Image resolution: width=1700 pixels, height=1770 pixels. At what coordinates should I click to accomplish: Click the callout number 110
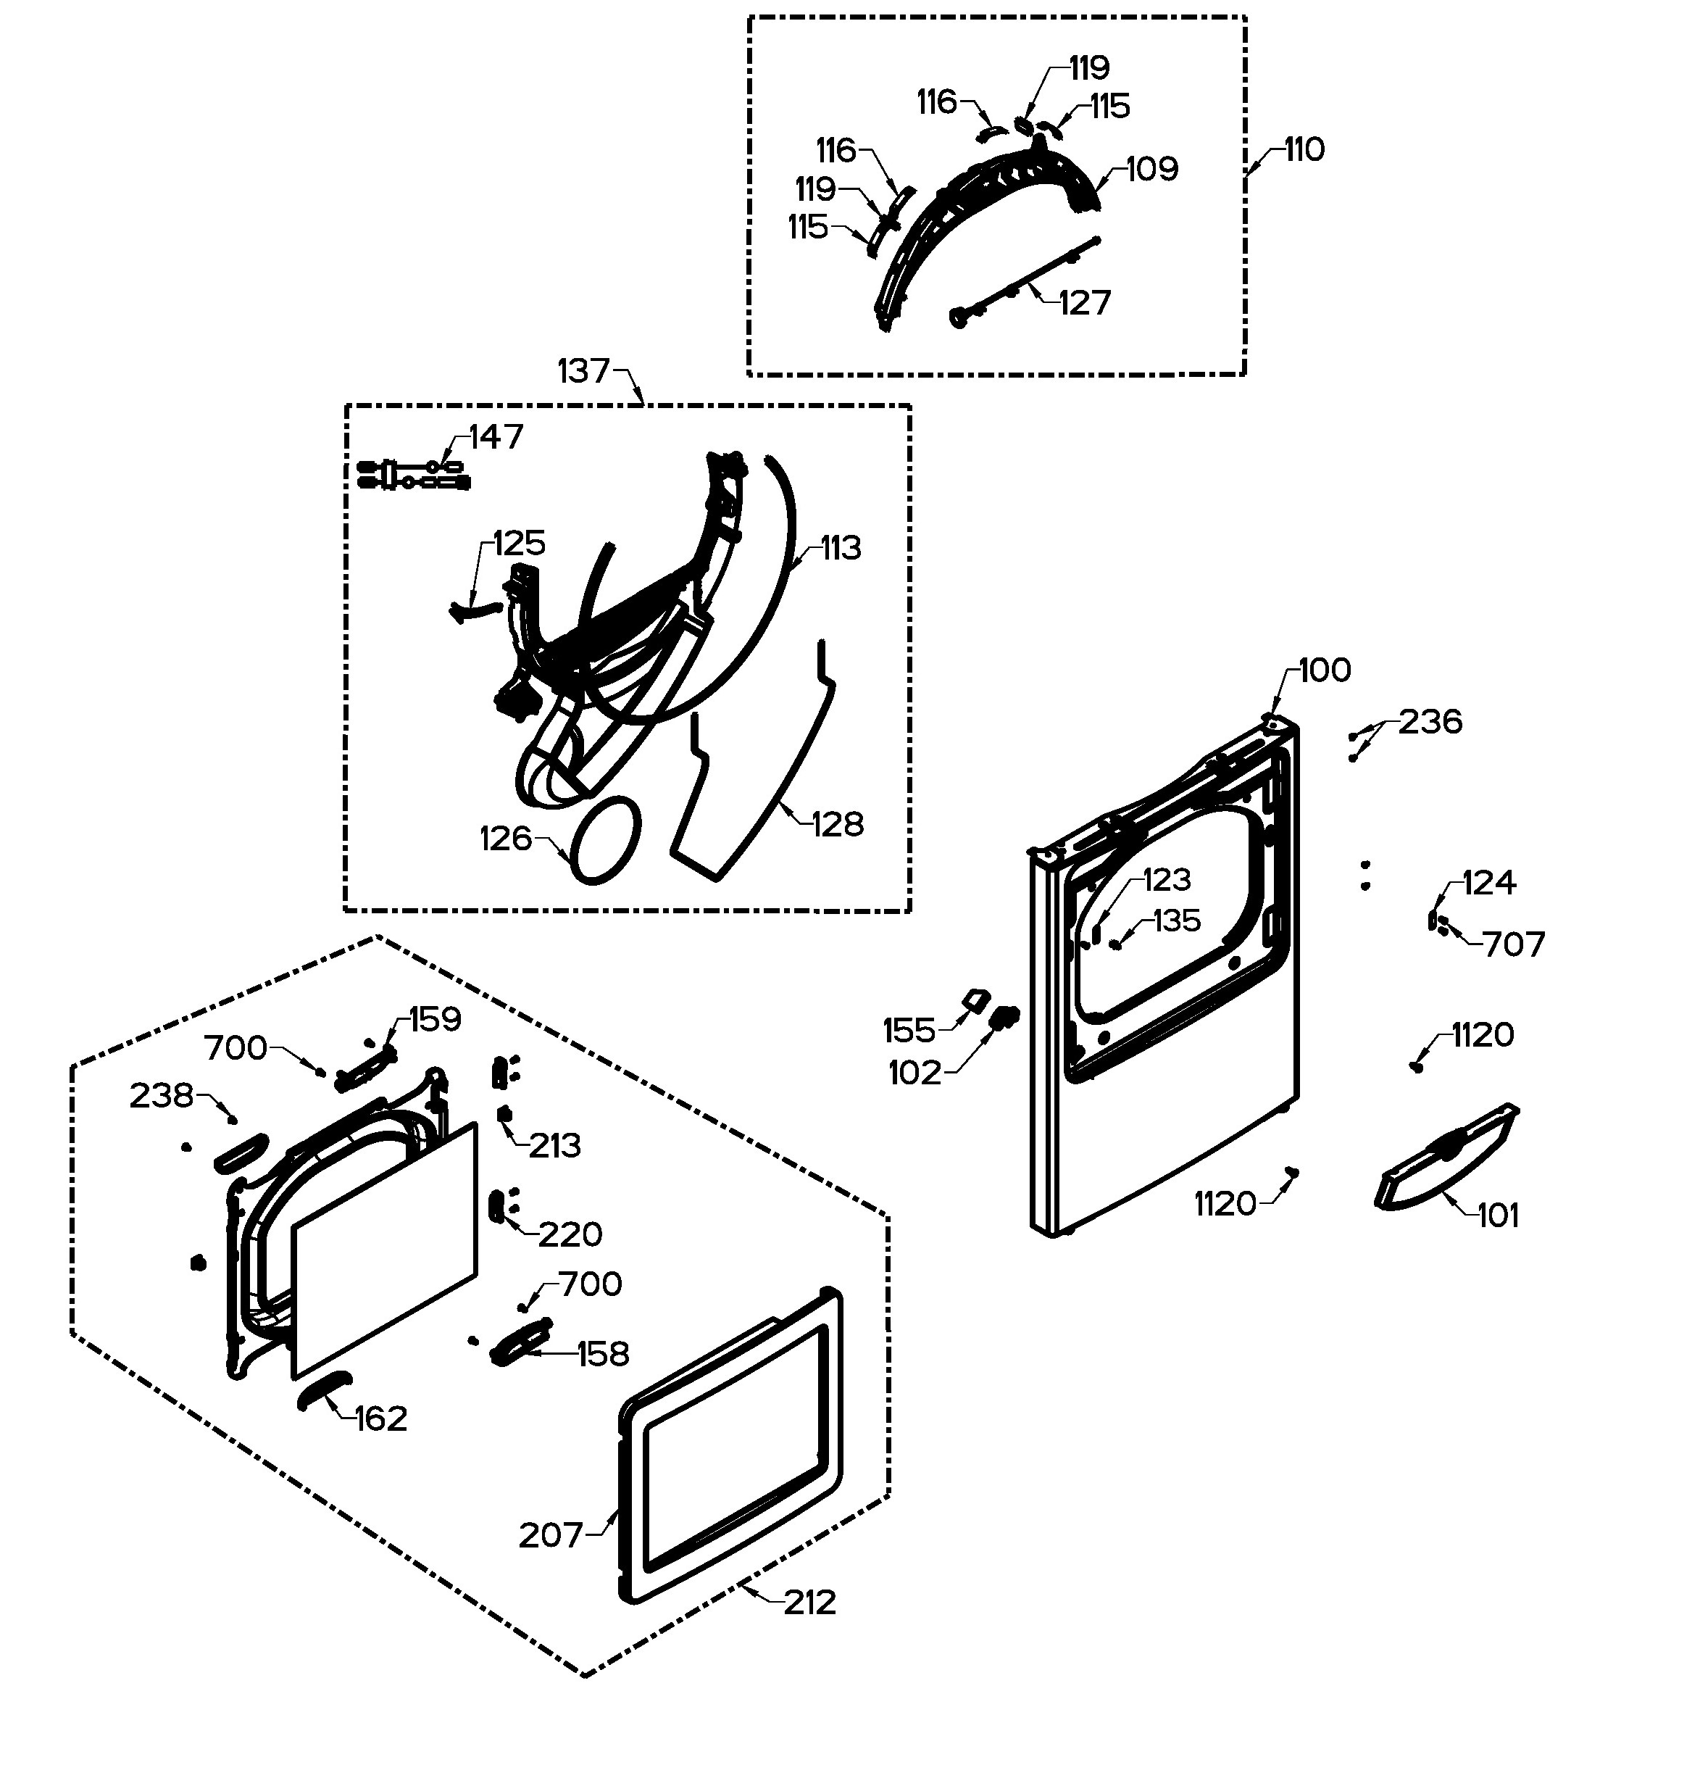1304,149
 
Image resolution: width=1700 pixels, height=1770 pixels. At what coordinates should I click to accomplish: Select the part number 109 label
1152,169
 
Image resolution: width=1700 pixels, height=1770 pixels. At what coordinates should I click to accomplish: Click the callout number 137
584,371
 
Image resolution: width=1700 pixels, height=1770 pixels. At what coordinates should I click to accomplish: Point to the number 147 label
496,437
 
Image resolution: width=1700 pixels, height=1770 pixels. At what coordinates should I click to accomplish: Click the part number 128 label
838,823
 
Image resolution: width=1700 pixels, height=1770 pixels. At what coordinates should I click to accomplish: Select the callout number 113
841,548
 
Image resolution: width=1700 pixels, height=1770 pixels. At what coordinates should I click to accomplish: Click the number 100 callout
1325,670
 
